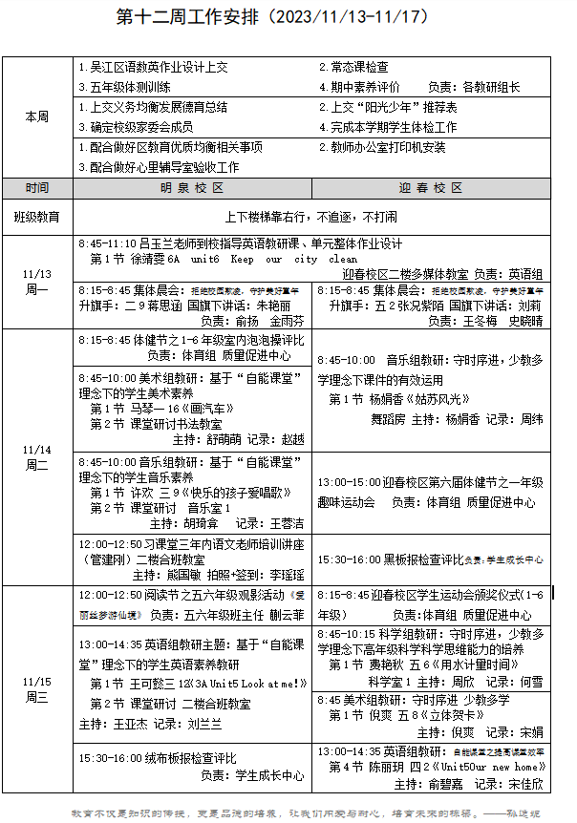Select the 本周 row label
[x=37, y=116]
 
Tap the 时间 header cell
[x=37, y=188]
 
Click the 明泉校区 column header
[x=192, y=188]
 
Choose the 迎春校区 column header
[x=431, y=188]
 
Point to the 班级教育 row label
[x=37, y=217]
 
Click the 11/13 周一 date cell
[x=37, y=282]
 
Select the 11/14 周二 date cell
[x=37, y=456]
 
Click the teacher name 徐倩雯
[x=148, y=259]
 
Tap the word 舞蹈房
[x=388, y=419]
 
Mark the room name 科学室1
[x=391, y=682]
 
